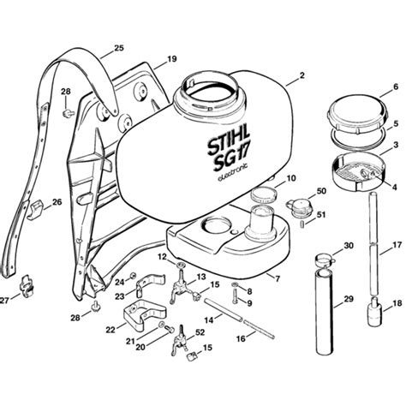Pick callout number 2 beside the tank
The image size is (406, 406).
302,76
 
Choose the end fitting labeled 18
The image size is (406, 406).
375,315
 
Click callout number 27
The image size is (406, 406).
5,300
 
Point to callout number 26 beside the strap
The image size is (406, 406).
57,203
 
